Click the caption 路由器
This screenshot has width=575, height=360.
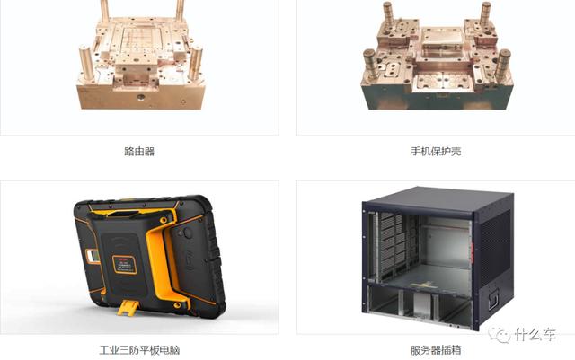click(139, 152)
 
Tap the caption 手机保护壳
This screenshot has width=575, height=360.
click(436, 152)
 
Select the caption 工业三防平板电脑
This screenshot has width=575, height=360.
click(139, 350)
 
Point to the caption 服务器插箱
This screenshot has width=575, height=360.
click(436, 350)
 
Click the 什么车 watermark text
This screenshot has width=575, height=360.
click(535, 334)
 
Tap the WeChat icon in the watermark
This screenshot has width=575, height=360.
click(500, 334)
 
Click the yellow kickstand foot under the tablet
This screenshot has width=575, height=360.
click(128, 307)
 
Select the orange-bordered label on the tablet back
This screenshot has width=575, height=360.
click(125, 265)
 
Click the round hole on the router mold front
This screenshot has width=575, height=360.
click(140, 97)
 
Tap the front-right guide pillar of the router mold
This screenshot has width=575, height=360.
click(195, 63)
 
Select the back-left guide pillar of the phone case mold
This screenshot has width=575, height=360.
click(388, 14)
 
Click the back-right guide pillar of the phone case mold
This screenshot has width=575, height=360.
click(485, 14)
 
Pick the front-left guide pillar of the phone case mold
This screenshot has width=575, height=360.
click(370, 64)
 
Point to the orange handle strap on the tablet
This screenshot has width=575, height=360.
click(162, 257)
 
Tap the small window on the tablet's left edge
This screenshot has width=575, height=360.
click(93, 256)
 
